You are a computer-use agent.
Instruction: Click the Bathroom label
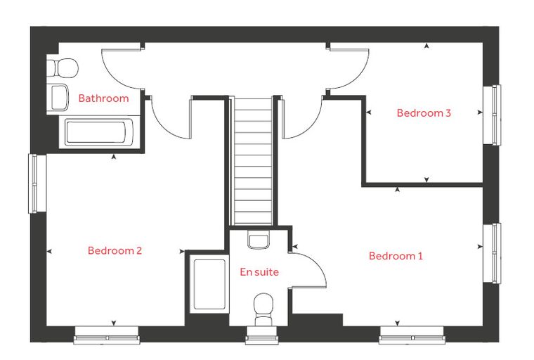[x=103, y=98]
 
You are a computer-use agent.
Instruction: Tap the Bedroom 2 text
[x=115, y=250]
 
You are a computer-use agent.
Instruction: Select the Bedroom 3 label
[x=424, y=112]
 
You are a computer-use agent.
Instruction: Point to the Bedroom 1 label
[x=396, y=256]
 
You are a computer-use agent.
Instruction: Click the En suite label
[x=259, y=271]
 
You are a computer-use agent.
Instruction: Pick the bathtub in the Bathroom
[x=100, y=133]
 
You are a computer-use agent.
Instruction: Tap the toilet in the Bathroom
[x=63, y=68]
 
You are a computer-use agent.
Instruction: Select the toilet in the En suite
[x=263, y=309]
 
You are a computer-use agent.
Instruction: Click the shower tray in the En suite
[x=209, y=284]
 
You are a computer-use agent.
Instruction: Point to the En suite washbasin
[x=259, y=239]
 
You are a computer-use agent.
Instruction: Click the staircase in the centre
[x=253, y=161]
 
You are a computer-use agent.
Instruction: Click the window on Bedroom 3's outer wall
[x=493, y=115]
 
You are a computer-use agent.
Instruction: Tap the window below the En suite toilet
[x=262, y=335]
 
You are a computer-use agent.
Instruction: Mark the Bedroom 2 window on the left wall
[x=37, y=184]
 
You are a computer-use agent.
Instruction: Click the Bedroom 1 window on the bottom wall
[x=412, y=335]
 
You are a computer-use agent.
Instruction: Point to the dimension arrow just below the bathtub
[x=114, y=157]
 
